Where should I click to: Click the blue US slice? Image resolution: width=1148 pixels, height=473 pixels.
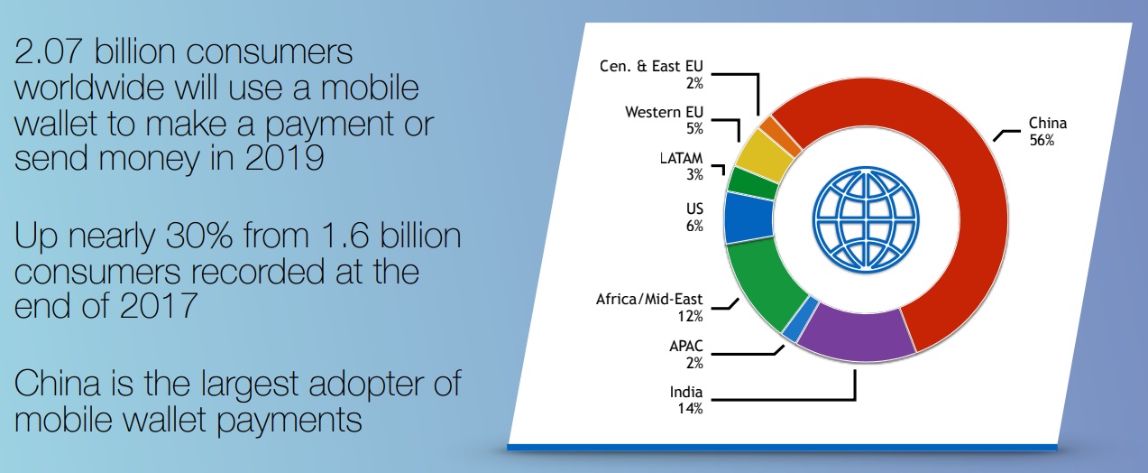click(x=748, y=218)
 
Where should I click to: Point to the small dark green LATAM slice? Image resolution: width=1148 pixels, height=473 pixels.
click(x=753, y=183)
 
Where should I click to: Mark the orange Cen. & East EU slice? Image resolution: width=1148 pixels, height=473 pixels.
click(x=780, y=134)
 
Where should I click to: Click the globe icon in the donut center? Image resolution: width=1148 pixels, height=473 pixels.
click(x=866, y=219)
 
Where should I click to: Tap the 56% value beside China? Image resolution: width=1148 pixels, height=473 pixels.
click(x=1042, y=140)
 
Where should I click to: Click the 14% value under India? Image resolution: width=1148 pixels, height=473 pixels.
click(x=691, y=409)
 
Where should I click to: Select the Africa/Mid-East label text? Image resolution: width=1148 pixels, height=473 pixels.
click(x=649, y=299)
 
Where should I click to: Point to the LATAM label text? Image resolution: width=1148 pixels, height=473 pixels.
click(x=681, y=158)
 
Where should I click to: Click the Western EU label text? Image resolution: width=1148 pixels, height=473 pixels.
click(x=665, y=112)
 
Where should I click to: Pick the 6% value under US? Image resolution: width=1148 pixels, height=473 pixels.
click(x=694, y=226)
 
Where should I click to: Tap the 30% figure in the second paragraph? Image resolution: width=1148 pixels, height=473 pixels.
click(x=199, y=236)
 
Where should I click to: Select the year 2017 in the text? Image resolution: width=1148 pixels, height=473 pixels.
click(x=159, y=306)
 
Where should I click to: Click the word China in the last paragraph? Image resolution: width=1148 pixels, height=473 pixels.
click(x=58, y=384)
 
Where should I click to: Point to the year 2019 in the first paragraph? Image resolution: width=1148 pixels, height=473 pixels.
click(x=284, y=157)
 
